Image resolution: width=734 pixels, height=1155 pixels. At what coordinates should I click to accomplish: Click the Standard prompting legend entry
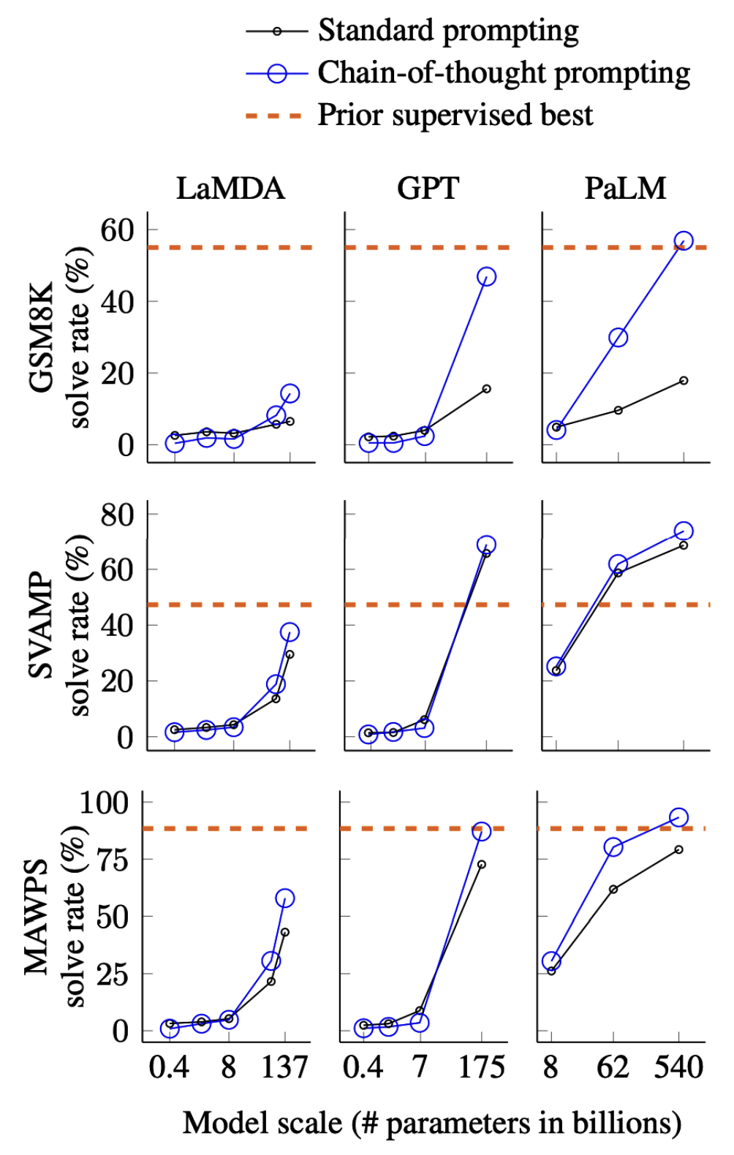tap(447, 31)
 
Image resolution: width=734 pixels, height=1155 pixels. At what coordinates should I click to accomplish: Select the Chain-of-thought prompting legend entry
tap(503, 73)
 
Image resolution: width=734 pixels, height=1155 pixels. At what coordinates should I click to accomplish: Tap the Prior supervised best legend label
tap(455, 115)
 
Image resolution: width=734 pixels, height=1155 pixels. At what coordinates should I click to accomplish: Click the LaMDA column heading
tap(230, 189)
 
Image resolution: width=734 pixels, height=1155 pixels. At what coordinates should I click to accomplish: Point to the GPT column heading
tap(428, 189)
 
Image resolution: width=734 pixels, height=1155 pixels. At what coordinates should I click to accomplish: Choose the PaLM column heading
tap(625, 189)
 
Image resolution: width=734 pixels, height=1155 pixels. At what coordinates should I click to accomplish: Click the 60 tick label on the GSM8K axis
tap(118, 230)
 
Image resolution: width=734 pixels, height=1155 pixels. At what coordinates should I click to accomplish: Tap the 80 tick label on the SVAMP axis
tap(118, 515)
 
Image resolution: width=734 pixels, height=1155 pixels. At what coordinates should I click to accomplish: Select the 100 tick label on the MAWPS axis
tap(104, 803)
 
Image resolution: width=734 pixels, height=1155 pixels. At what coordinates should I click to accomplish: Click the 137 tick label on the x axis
tap(284, 1068)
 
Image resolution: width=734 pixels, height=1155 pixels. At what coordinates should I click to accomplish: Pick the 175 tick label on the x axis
tap(481, 1068)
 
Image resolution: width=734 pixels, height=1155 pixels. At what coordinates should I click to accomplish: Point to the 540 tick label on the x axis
tap(678, 1068)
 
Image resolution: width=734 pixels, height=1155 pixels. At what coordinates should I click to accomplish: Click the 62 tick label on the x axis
tap(613, 1068)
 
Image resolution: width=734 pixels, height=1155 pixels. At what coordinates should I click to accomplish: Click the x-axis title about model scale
tap(431, 1124)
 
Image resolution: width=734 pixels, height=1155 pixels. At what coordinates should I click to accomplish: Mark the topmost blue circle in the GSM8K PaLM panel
tap(684, 241)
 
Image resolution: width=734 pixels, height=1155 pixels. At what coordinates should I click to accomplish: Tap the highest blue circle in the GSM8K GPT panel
tap(486, 276)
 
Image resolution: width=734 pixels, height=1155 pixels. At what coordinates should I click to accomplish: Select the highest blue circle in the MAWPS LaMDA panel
tap(284, 898)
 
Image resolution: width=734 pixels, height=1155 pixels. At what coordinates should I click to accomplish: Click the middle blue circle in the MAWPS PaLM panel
tap(613, 847)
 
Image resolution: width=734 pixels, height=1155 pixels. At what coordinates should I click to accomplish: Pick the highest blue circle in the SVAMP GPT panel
tap(486, 545)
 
